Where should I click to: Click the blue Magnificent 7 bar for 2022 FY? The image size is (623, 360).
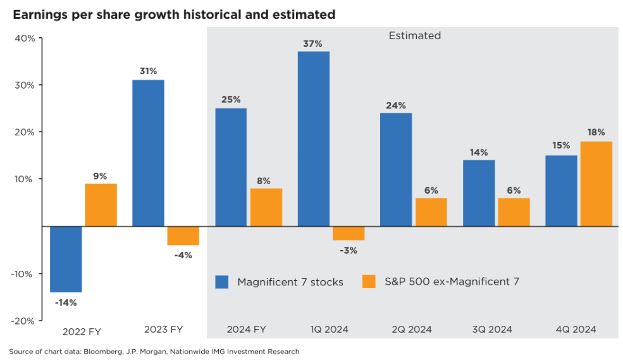[66, 259]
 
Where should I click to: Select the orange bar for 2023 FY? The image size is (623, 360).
[183, 235]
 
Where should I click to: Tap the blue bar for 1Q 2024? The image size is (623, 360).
[314, 139]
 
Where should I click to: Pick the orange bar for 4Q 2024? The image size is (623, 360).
[596, 183]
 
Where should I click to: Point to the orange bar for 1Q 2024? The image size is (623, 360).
[349, 233]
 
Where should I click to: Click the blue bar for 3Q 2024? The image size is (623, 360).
[479, 193]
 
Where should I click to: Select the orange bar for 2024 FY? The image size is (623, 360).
[266, 207]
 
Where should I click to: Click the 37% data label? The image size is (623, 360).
[314, 44]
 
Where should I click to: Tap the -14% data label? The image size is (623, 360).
[66, 302]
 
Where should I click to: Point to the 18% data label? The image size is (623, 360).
[596, 132]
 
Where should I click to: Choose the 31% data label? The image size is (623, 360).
[148, 71]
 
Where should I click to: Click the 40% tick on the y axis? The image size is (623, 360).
[25, 38]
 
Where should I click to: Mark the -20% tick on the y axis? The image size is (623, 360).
[23, 320]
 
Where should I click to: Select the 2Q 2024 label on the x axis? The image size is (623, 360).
[410, 330]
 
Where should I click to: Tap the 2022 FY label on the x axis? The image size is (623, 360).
[82, 331]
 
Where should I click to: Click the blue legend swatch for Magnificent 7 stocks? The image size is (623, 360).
[222, 282]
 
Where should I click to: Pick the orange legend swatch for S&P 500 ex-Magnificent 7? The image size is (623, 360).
[369, 282]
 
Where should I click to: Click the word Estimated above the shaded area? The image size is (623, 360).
[414, 36]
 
